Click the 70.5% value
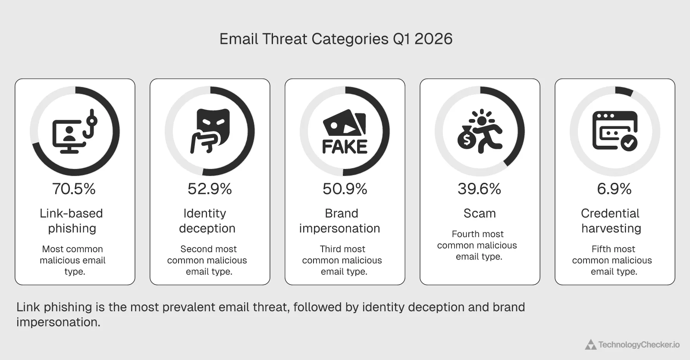(x=74, y=189)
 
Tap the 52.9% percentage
(x=210, y=189)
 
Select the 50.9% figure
(x=345, y=189)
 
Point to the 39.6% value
(x=479, y=189)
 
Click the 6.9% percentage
(x=614, y=189)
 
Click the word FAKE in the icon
(x=345, y=147)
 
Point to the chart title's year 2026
(x=433, y=39)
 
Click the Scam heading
(x=480, y=213)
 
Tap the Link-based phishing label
(x=72, y=221)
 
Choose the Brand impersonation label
(x=340, y=221)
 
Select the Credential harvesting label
(x=611, y=221)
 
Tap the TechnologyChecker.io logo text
(x=639, y=345)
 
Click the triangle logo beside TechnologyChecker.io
(x=590, y=344)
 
